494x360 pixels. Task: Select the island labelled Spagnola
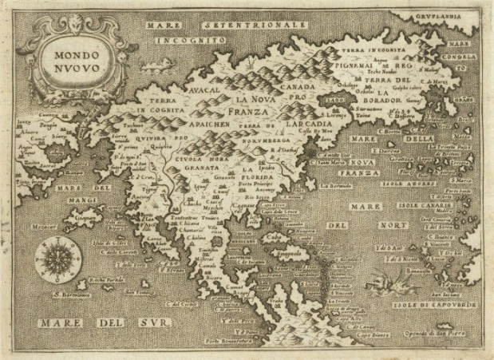tap(308, 260)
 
